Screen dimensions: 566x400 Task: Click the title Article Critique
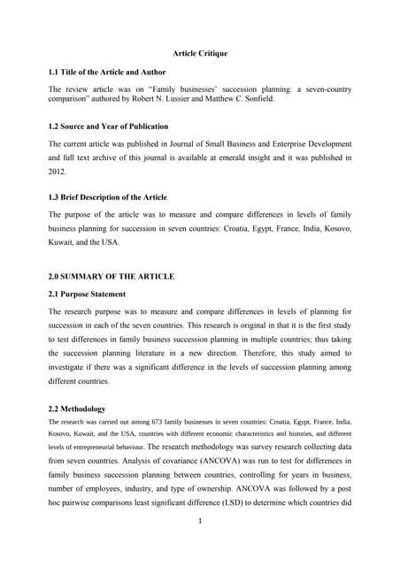click(200, 53)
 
